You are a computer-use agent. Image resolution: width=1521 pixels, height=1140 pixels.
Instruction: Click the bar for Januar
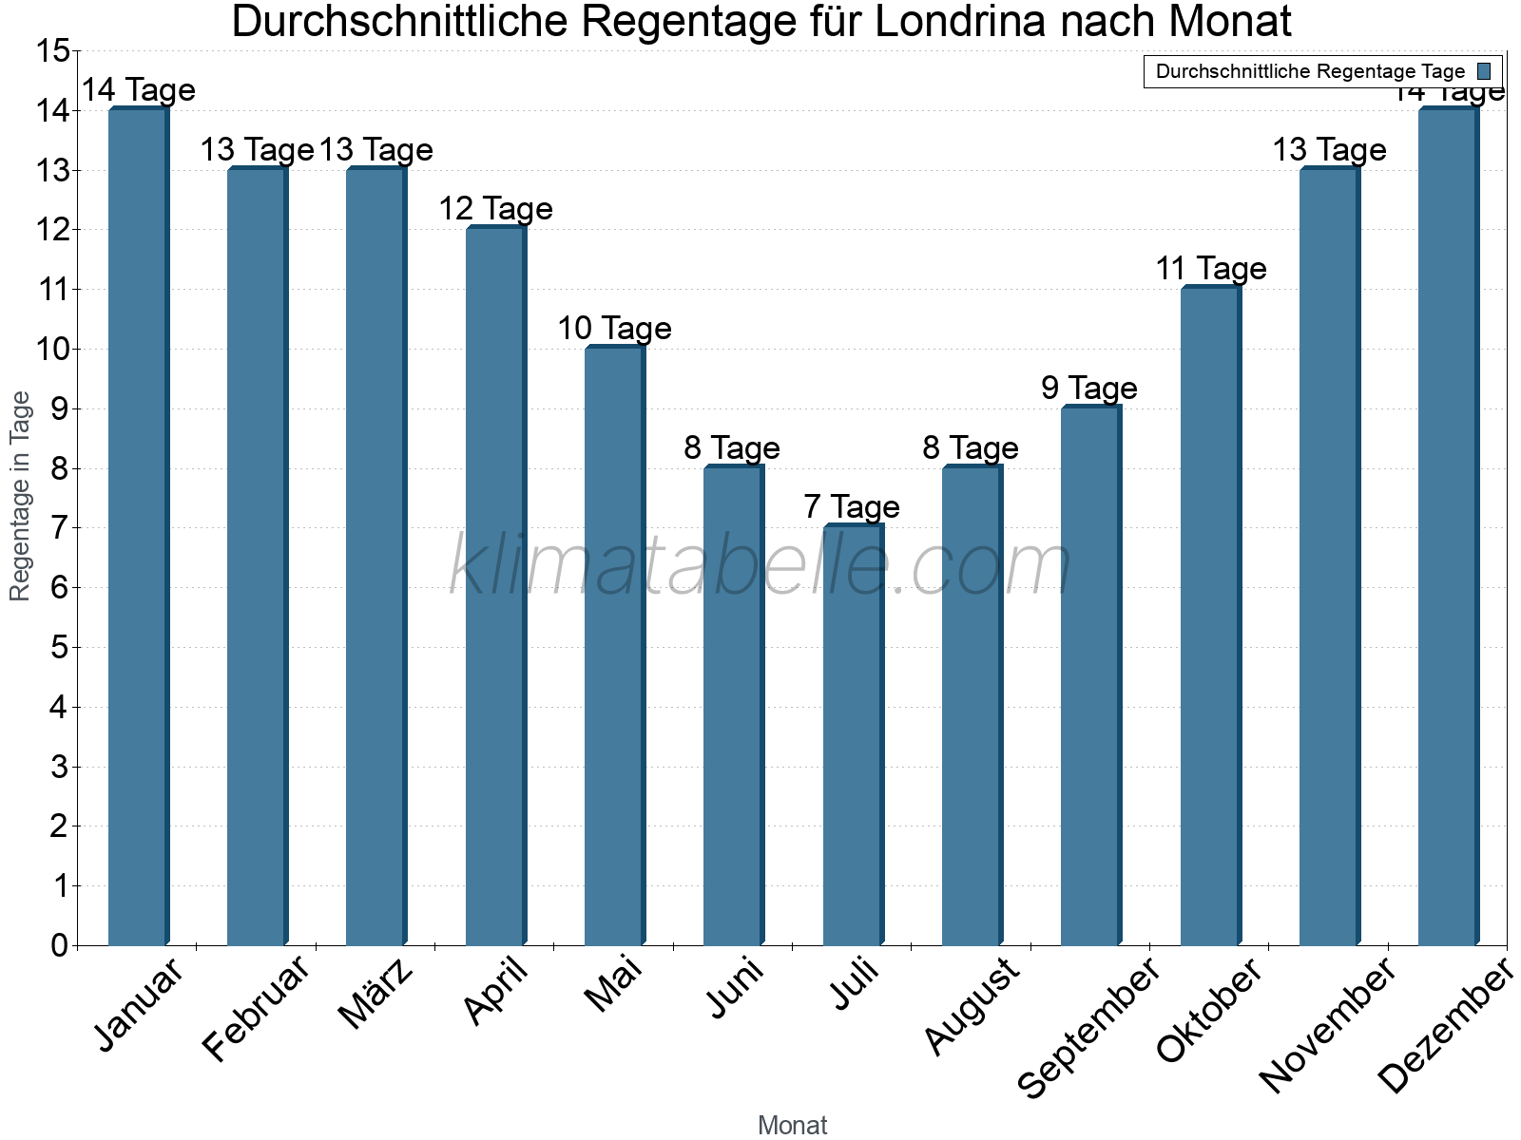tap(138, 527)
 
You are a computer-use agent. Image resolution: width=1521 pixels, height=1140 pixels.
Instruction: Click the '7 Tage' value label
tap(852, 506)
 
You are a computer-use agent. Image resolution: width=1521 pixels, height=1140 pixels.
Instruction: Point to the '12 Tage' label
tap(495, 208)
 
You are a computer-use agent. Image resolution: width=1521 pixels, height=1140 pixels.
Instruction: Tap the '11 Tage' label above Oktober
tap(1210, 268)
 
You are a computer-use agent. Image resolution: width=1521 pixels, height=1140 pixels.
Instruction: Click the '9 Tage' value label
tap(1089, 388)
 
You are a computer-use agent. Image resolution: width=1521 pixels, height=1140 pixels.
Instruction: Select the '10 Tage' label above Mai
tap(614, 328)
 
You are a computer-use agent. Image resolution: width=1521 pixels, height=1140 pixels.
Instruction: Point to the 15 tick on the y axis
tap(52, 51)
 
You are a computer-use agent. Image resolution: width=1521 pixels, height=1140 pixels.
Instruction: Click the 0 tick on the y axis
tap(59, 945)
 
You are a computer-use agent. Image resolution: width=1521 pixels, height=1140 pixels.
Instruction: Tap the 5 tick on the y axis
tap(59, 648)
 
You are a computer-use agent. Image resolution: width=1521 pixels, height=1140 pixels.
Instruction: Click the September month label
tap(1089, 1026)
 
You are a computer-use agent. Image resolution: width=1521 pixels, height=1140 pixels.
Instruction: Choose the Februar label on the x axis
tap(257, 1009)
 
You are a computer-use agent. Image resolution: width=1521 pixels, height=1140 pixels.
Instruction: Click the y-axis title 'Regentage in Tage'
tap(21, 496)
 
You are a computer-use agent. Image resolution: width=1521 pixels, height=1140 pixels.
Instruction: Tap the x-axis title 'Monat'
tap(792, 1125)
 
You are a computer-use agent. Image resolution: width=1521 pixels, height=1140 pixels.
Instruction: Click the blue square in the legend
tap(1484, 71)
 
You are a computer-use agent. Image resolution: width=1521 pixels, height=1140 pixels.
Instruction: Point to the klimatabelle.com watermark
tap(760, 565)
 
